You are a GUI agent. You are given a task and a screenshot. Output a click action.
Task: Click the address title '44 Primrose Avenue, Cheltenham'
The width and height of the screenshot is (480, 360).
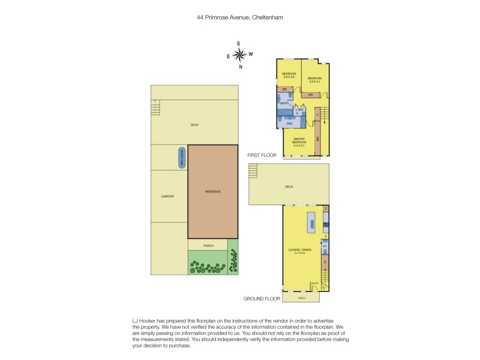tap(240, 18)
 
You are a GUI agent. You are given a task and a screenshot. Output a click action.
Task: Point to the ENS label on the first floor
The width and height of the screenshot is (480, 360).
tap(289, 124)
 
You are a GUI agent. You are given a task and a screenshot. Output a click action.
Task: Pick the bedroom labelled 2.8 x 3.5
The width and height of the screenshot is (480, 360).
tap(289, 76)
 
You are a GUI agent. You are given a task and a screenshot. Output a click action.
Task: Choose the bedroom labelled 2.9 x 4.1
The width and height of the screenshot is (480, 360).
tap(316, 80)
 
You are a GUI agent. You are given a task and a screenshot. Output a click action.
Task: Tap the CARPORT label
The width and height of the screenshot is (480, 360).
tap(167, 196)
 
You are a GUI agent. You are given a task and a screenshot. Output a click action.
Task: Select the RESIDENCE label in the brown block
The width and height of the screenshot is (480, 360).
tap(213, 191)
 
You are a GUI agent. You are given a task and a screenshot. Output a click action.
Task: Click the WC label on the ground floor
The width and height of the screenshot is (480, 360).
tap(325, 246)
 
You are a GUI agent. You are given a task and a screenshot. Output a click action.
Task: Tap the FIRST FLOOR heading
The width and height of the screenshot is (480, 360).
tap(262, 155)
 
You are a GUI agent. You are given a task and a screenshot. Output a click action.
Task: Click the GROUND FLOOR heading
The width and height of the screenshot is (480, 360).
tap(262, 298)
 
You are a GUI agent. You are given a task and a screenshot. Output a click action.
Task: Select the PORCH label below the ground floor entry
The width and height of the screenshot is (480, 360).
tap(302, 298)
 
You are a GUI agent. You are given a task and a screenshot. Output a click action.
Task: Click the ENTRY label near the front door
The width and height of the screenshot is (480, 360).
tap(314, 284)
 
